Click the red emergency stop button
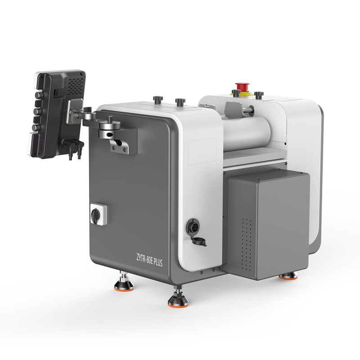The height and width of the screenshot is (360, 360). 242,86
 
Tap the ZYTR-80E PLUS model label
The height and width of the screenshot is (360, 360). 149,260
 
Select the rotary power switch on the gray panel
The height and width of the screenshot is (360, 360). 98,214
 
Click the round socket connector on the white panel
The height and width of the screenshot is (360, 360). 193,226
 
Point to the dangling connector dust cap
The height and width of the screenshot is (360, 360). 199,242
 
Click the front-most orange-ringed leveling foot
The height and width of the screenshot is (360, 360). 178,299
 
